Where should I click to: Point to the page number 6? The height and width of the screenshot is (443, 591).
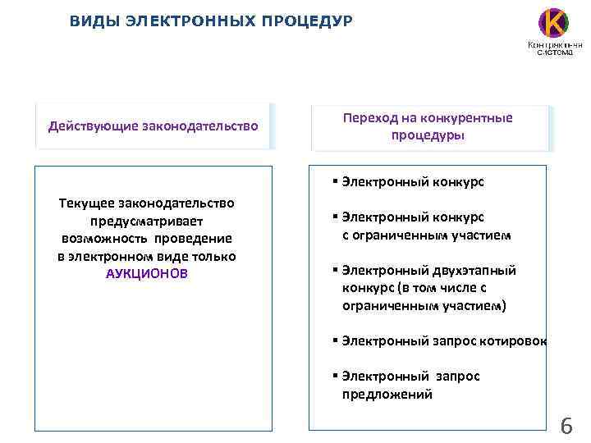(566, 426)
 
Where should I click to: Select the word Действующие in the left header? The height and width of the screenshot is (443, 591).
(93, 126)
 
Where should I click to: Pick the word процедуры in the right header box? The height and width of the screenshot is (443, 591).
(428, 135)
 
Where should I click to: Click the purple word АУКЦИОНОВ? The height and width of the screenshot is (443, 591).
(147, 274)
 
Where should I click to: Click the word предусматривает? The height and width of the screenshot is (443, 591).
(147, 221)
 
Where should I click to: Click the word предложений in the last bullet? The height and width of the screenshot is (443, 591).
(387, 394)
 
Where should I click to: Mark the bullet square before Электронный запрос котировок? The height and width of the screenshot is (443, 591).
(336, 340)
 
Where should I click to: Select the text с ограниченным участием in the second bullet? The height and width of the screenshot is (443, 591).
(426, 235)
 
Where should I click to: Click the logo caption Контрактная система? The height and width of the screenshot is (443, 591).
(555, 48)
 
